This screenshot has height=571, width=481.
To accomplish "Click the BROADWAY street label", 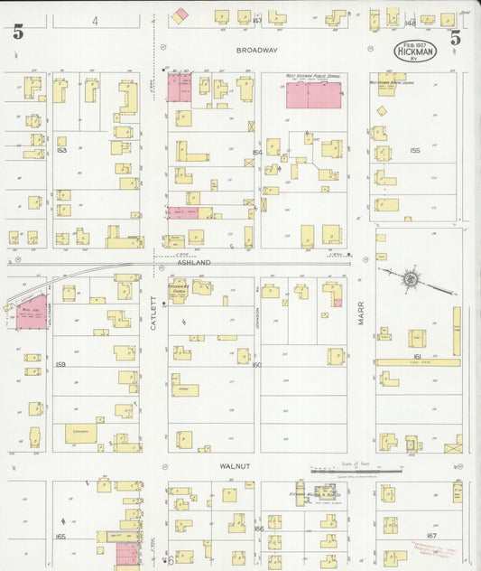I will click(x=257, y=51).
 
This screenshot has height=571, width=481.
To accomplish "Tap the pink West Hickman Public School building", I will click(x=313, y=95).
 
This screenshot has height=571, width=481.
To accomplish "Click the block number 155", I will click(x=415, y=150).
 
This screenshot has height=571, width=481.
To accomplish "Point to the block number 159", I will click(x=60, y=364).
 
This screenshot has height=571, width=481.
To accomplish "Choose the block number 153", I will click(x=61, y=140).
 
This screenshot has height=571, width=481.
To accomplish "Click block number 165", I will click(x=60, y=537).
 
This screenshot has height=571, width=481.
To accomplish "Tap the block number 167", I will click(x=431, y=535).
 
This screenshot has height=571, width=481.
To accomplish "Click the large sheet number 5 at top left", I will click(x=18, y=34).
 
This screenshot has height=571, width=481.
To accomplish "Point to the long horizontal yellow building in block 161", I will click(x=417, y=362).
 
